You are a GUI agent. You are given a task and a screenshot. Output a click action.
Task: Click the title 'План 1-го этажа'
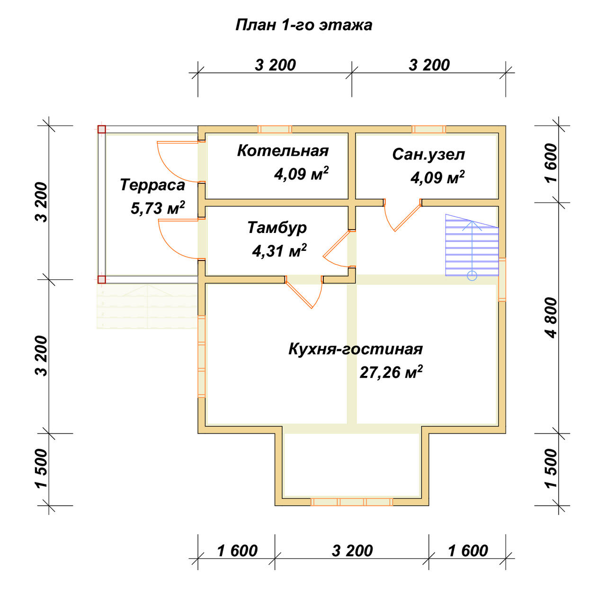(303, 25)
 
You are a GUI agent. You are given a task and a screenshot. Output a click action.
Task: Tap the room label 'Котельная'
(283, 151)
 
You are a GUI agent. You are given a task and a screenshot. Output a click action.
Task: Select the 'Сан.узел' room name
(428, 154)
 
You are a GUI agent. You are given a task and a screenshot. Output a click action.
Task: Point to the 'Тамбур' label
(277, 228)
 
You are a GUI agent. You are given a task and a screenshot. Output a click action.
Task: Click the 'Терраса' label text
(152, 185)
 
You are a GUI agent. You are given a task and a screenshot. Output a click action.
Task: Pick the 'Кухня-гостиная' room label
(356, 349)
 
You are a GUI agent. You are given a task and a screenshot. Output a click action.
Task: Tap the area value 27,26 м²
(391, 372)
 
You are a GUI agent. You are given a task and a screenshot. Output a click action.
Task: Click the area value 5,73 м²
(158, 208)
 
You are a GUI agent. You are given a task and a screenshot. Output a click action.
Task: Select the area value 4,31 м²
(279, 250)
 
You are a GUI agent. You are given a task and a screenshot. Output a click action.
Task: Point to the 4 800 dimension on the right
(552, 318)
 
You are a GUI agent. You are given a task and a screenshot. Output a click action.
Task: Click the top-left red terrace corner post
(102, 129)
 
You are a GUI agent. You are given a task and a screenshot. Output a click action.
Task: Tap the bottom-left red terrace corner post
(102, 280)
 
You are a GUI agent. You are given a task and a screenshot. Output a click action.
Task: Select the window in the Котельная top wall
(275, 129)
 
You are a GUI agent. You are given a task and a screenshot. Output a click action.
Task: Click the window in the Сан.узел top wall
(428, 129)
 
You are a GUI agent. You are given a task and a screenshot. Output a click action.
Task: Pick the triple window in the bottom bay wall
(352, 501)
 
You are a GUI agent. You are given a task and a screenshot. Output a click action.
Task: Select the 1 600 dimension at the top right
(552, 163)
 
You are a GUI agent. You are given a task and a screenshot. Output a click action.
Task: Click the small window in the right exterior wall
(502, 280)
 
